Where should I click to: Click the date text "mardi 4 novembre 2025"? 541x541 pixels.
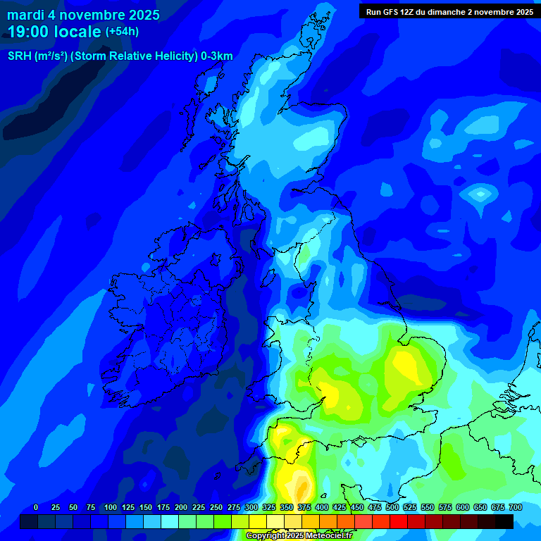pyautogui.click(x=83, y=15)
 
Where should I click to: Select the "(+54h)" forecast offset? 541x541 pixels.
pyautogui.click(x=122, y=32)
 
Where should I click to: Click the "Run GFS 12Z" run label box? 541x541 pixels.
pyautogui.click(x=449, y=11)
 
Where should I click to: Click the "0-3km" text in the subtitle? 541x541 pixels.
pyautogui.click(x=216, y=56)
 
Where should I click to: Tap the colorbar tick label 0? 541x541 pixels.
pyautogui.click(x=36, y=507)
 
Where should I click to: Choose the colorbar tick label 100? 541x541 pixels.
pyautogui.click(x=110, y=507)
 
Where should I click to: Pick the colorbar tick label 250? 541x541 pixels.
pyautogui.click(x=216, y=507)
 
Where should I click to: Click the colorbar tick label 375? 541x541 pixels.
pyautogui.click(x=304, y=507)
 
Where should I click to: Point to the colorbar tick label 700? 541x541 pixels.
pyautogui.click(x=515, y=507)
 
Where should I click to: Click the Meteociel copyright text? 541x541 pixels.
pyautogui.click(x=299, y=536)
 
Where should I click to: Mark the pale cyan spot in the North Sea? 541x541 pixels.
pyautogui.click(x=480, y=193)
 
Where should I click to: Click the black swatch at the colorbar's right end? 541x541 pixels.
pyautogui.click(x=504, y=521)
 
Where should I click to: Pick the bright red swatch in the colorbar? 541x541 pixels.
pyautogui.click(x=399, y=521)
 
